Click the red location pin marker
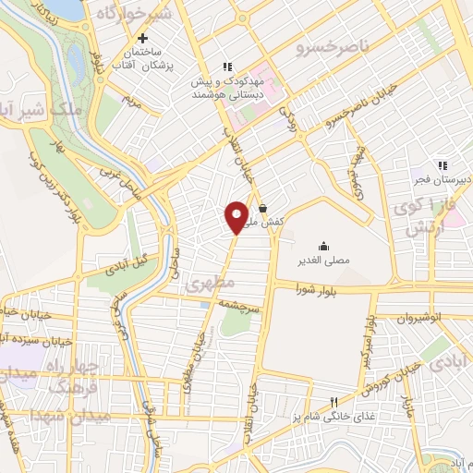coord(236,215)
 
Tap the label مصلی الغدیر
coord(324,261)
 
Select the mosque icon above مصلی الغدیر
coord(324,246)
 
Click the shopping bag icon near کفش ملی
coord(264,209)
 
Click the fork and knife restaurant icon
coord(334,403)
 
